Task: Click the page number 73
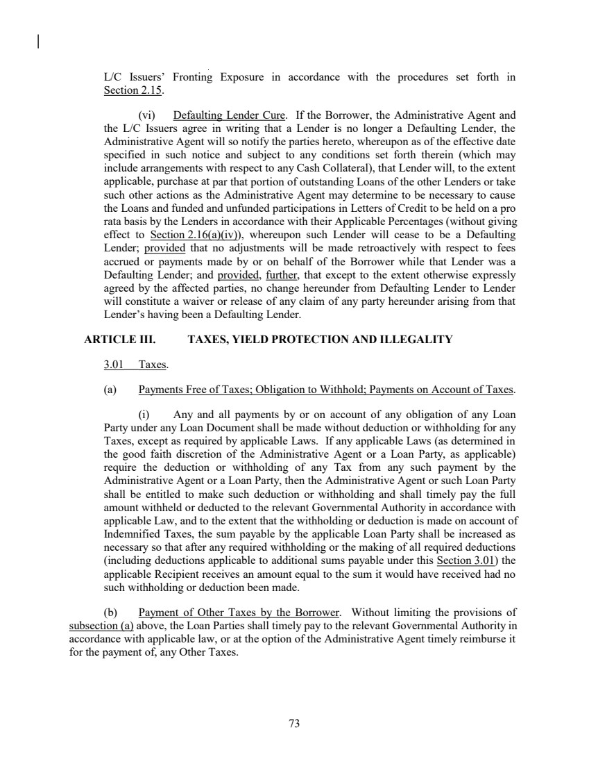tap(294, 724)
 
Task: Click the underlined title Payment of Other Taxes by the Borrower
tap(240, 613)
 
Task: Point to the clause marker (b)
tap(110, 613)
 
